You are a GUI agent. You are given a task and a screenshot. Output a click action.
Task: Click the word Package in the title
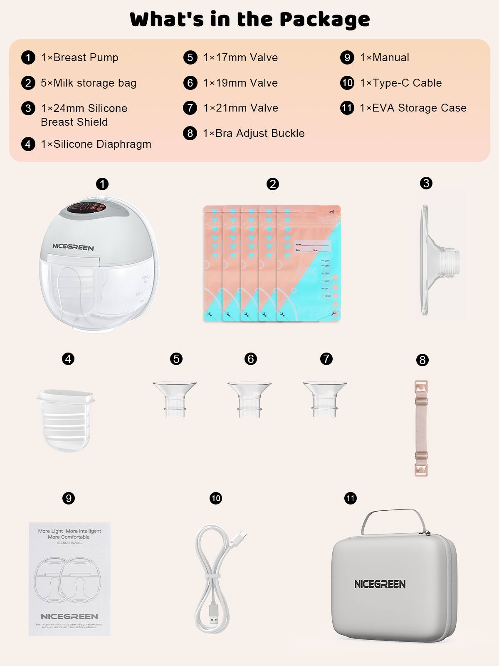pyautogui.click(x=324, y=20)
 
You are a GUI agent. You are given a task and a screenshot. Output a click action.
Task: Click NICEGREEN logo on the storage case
pyautogui.click(x=380, y=584)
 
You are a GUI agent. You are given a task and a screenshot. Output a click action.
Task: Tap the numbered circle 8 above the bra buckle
pyautogui.click(x=422, y=360)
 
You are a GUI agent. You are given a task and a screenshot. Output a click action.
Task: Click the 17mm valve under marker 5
pyautogui.click(x=175, y=398)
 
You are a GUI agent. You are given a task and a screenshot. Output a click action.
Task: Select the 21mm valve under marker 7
pyautogui.click(x=325, y=398)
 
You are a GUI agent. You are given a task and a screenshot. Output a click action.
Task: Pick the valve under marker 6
pyautogui.click(x=249, y=398)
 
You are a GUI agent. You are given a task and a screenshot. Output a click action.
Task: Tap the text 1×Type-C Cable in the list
pyautogui.click(x=400, y=83)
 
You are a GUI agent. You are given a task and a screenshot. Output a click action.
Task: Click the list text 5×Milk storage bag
pyautogui.click(x=88, y=83)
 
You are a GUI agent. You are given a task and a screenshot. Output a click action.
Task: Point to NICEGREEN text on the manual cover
pyautogui.click(x=69, y=616)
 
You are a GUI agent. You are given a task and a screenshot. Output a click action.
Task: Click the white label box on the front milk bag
pyautogui.click(x=312, y=246)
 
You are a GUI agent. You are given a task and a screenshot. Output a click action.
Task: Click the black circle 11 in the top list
pyautogui.click(x=347, y=108)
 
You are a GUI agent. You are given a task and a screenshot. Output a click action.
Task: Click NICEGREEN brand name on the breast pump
pyautogui.click(x=73, y=247)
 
